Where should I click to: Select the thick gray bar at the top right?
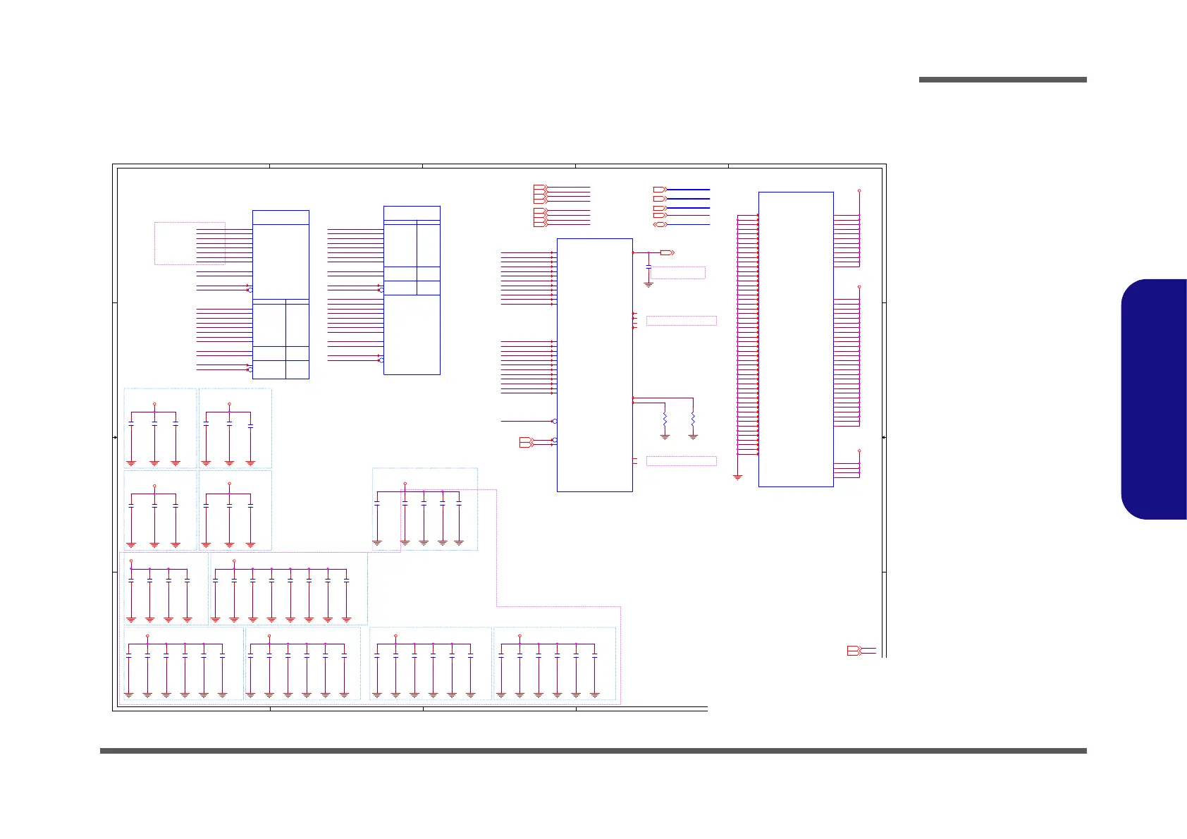[1002, 80]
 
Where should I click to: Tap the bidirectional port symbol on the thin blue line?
[660, 225]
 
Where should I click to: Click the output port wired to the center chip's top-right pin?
[667, 252]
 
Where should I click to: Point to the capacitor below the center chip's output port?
[648, 268]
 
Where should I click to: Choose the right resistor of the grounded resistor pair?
[693, 420]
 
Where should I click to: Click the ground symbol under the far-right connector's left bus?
[737, 477]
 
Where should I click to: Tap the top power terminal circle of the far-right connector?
[859, 190]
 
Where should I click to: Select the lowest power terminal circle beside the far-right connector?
[859, 450]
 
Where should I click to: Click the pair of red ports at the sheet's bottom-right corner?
[854, 651]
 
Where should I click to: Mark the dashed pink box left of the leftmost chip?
[190, 243]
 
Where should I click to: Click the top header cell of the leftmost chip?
[281, 217]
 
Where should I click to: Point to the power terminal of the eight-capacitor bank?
[234, 561]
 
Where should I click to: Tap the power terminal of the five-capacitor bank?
[405, 484]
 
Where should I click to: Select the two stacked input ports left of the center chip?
[526, 442]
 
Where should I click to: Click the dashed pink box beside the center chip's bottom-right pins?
[681, 461]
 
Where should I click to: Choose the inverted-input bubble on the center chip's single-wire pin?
[555, 421]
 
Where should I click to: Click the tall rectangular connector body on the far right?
[796, 339]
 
